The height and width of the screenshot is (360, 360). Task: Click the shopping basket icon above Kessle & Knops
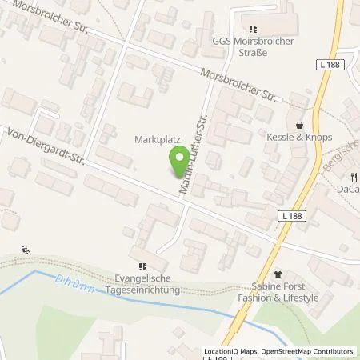coord(299,126)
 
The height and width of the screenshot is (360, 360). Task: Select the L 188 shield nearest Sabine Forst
coord(293,215)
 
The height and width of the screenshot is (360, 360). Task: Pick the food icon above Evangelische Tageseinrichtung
coord(142,267)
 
